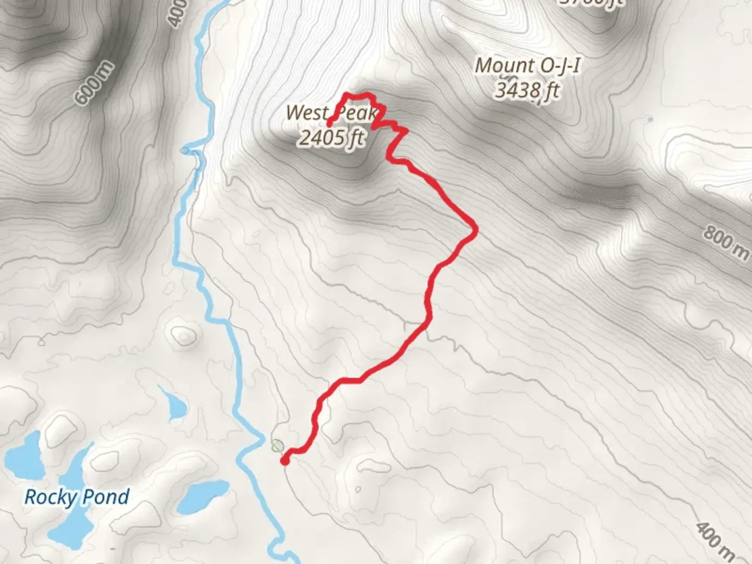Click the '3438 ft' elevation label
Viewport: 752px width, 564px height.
click(x=526, y=90)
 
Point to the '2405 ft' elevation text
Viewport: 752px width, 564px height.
click(x=332, y=138)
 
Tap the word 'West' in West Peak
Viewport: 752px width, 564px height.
click(x=307, y=112)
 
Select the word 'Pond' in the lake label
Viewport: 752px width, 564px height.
click(x=107, y=496)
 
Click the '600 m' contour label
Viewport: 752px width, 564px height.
click(x=94, y=83)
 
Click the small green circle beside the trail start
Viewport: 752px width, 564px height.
click(x=277, y=445)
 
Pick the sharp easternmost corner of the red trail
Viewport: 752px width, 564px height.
click(x=475, y=228)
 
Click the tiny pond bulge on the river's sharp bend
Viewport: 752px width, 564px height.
click(x=185, y=151)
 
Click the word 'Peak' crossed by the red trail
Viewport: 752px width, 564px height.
click(x=356, y=113)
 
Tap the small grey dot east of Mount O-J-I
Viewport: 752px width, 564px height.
click(x=650, y=120)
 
